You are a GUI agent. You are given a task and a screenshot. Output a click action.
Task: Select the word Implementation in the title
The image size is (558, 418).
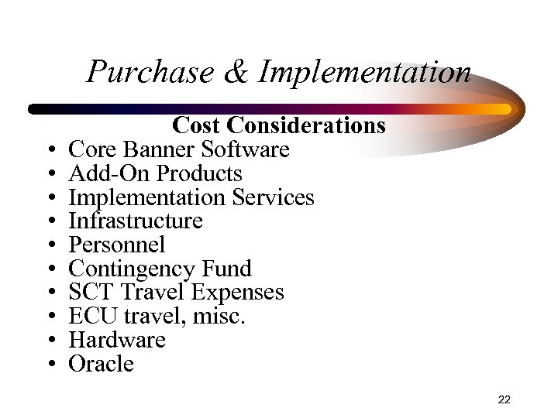364,72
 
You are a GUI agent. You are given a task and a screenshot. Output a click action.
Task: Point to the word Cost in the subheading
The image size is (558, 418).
198,125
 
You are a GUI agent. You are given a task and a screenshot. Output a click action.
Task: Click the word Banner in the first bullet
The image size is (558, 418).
161,149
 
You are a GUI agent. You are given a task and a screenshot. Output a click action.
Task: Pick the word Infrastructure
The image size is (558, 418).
136,221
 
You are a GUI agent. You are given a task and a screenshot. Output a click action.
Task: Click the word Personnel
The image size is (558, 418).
117,245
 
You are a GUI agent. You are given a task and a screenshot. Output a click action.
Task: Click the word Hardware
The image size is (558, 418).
117,340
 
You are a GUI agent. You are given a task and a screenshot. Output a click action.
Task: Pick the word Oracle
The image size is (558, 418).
102,364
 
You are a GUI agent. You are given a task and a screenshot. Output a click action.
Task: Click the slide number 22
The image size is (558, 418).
504,399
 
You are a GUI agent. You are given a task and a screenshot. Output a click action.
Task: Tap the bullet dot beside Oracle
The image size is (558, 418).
50,365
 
